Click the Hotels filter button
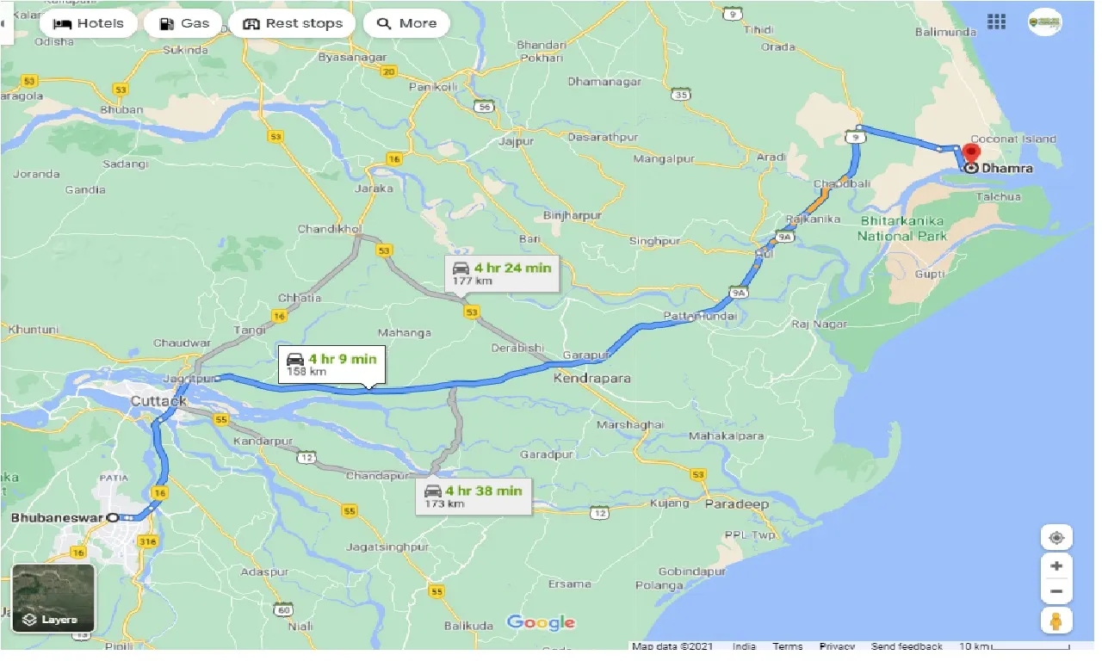click(88, 23)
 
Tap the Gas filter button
click(183, 23)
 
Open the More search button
click(406, 23)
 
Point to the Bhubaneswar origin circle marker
click(112, 517)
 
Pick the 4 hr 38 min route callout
click(473, 496)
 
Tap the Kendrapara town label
click(592, 378)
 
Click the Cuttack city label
click(158, 401)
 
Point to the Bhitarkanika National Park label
click(903, 229)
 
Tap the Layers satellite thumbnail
click(53, 598)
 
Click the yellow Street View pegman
click(1056, 620)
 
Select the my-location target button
click(1056, 538)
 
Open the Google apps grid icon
click(996, 22)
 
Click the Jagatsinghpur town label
click(387, 547)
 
